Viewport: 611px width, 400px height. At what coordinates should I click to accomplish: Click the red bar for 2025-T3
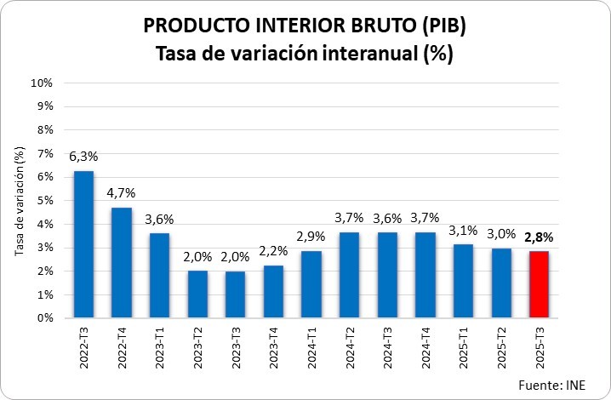click(538, 284)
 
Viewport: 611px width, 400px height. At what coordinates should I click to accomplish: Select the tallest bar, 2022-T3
click(83, 244)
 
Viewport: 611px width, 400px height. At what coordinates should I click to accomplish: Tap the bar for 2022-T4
click(121, 263)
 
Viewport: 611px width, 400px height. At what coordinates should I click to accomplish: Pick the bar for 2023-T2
click(197, 294)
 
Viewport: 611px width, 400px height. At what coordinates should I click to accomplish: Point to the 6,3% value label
click(83, 157)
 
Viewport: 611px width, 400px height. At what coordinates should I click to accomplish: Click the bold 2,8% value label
click(538, 237)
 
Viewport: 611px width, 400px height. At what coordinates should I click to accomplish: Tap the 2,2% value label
click(273, 251)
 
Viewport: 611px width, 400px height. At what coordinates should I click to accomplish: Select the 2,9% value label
click(311, 236)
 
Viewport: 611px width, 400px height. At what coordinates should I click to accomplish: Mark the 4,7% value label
click(121, 192)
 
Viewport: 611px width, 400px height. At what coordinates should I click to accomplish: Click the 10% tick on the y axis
click(42, 83)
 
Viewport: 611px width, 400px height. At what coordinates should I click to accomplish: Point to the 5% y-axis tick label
click(44, 201)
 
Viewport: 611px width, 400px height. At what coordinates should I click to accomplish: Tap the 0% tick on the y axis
click(44, 318)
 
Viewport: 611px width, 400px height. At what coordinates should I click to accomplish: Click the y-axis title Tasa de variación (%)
click(20, 201)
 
